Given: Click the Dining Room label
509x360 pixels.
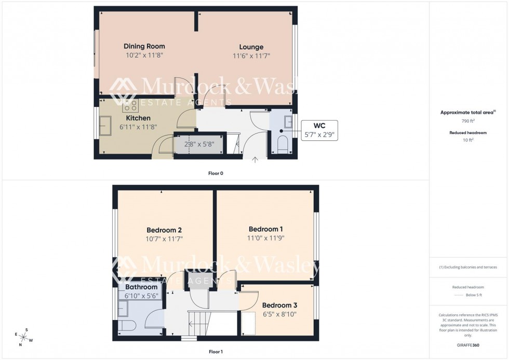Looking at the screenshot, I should tap(144, 46).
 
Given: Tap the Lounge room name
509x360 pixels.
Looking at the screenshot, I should tap(251, 47).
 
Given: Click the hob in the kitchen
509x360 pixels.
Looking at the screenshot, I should tap(130, 106).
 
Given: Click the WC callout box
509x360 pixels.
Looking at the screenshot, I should tap(319, 130).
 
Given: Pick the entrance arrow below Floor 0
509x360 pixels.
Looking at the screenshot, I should tap(254, 160).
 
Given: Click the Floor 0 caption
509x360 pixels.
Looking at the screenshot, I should tap(215, 173).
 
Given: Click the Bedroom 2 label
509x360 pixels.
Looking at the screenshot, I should tap(164, 230).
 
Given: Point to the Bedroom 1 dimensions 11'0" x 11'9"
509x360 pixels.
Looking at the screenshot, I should tap(265, 238).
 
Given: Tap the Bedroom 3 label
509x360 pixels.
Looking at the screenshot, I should tap(279, 305).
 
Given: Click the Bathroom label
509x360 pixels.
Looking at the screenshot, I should tap(141, 287).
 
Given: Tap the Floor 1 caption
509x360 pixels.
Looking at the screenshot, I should tap(215, 352).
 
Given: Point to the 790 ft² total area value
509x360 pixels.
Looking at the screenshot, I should tap(468, 121).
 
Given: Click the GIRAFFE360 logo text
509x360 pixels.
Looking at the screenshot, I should tap(468, 345).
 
